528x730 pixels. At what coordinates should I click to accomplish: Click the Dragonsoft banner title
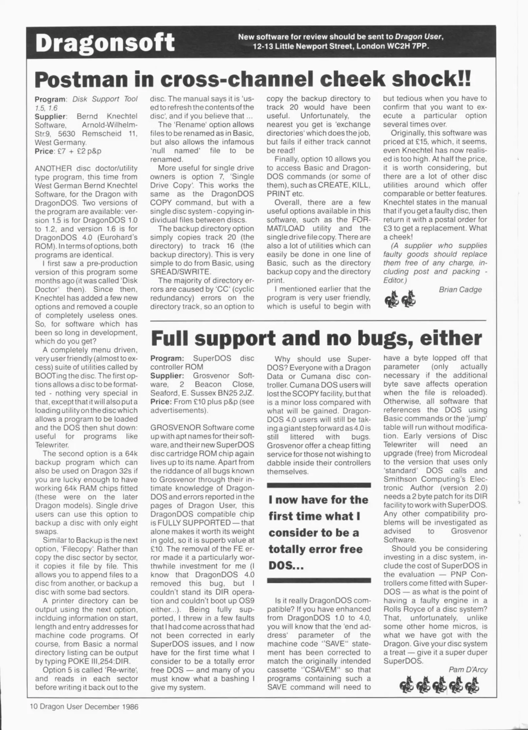click(105, 43)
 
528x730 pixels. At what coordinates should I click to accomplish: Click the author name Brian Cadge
click(460, 290)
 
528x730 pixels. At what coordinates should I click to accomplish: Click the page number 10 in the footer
click(33, 706)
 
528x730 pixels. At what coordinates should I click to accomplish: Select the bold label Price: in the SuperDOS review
click(161, 402)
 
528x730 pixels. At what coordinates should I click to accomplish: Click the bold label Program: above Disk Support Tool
click(50, 99)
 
